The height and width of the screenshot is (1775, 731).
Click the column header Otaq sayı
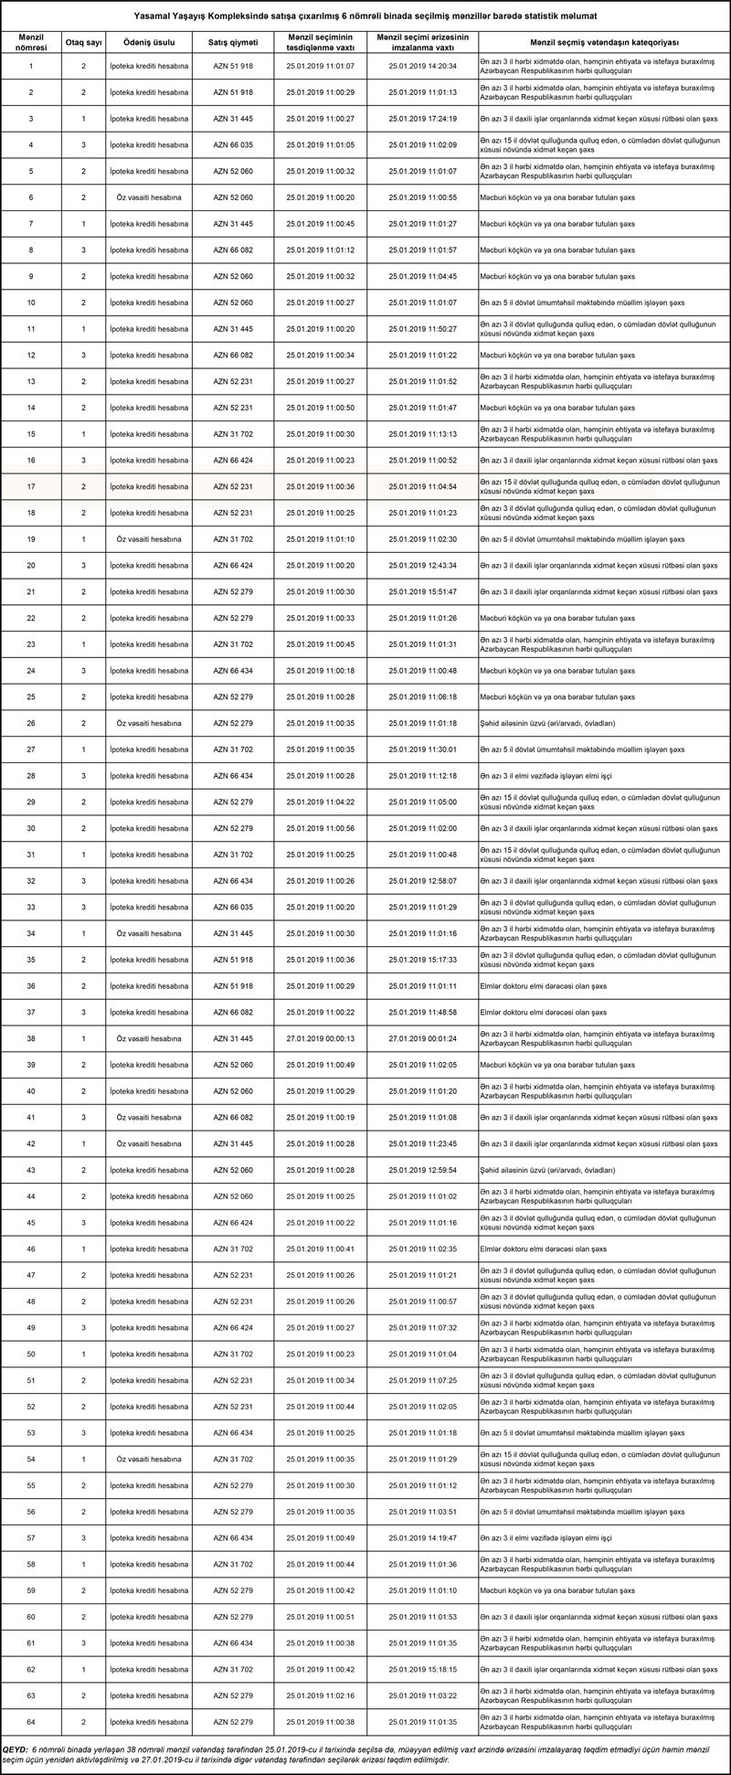pyautogui.click(x=83, y=42)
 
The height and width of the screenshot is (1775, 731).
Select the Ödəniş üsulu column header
pyautogui.click(x=149, y=42)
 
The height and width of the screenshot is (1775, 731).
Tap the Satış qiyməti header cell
pyautogui.click(x=233, y=42)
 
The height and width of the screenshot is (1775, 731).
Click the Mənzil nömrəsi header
pyautogui.click(x=30, y=42)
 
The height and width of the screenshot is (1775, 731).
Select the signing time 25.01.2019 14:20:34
pyautogui.click(x=422, y=67)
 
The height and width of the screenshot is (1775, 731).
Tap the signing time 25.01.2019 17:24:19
pyautogui.click(x=422, y=119)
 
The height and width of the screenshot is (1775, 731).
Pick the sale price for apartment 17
pyautogui.click(x=233, y=487)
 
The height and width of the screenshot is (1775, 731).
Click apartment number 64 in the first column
pyautogui.click(x=31, y=1722)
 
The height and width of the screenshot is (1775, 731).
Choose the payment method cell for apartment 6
pyautogui.click(x=149, y=198)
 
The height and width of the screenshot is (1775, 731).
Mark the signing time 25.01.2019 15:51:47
pyautogui.click(x=422, y=592)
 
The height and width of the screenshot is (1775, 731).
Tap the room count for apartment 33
pyautogui.click(x=83, y=908)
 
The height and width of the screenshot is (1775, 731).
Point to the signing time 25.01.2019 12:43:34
pyautogui.click(x=422, y=566)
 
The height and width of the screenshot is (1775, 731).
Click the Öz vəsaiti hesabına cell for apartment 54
pyautogui.click(x=149, y=1460)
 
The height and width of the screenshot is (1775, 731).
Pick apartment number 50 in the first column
pyautogui.click(x=31, y=1355)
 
